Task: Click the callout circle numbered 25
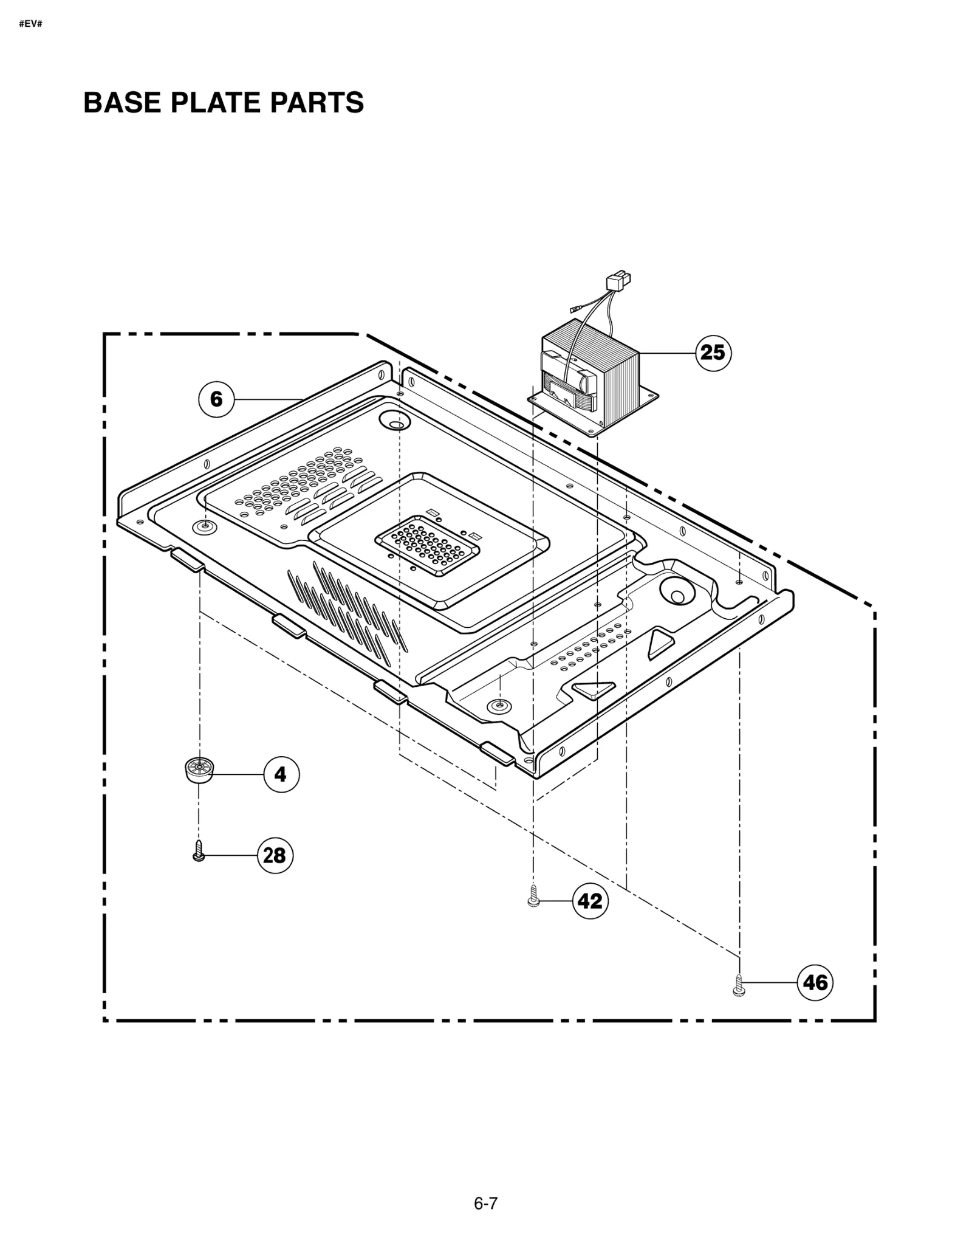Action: tap(713, 353)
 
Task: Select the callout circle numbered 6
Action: tap(216, 399)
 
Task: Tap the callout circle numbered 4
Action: tap(281, 774)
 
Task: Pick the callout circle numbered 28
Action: tap(275, 855)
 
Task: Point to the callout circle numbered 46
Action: tap(815, 982)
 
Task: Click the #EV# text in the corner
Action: tap(30, 24)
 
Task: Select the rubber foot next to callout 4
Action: tap(198, 771)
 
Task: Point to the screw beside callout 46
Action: tap(739, 984)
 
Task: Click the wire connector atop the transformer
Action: tap(618, 282)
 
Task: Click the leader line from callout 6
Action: tap(267, 399)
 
